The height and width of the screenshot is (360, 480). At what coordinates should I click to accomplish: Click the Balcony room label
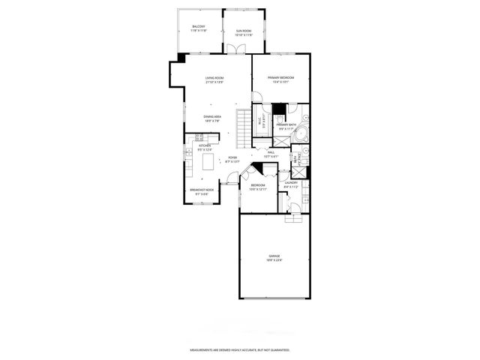[199, 28]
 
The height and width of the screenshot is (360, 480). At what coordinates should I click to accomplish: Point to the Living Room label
[216, 79]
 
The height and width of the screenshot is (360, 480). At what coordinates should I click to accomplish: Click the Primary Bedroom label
[280, 79]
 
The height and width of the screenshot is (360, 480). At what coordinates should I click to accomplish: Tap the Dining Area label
[212, 118]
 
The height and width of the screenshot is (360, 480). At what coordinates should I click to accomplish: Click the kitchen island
[207, 162]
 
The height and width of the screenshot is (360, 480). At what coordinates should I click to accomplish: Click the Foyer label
[232, 159]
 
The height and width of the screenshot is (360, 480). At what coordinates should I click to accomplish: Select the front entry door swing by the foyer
[232, 177]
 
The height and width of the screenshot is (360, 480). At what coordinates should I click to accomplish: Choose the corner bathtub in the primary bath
[300, 135]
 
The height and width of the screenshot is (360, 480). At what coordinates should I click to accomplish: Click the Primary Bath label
[287, 126]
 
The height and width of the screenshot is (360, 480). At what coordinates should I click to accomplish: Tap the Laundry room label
[292, 184]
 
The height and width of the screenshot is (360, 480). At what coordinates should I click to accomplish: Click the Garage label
[274, 259]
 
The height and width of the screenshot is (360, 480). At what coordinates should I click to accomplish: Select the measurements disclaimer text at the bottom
[239, 349]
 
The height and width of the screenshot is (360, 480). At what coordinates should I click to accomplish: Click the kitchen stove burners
[199, 136]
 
